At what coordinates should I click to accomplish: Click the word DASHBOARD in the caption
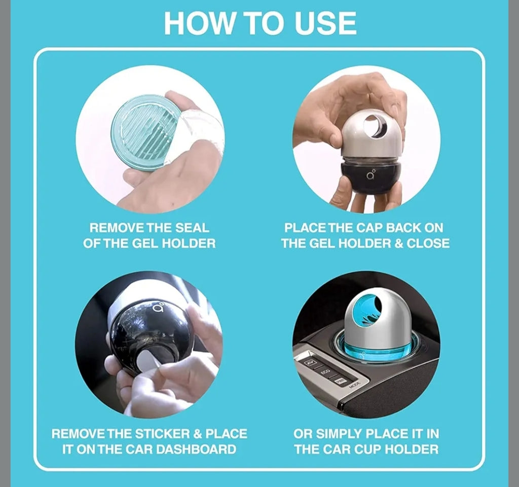click(196, 449)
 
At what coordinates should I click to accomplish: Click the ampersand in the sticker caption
click(198, 434)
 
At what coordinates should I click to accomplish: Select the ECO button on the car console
click(325, 372)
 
